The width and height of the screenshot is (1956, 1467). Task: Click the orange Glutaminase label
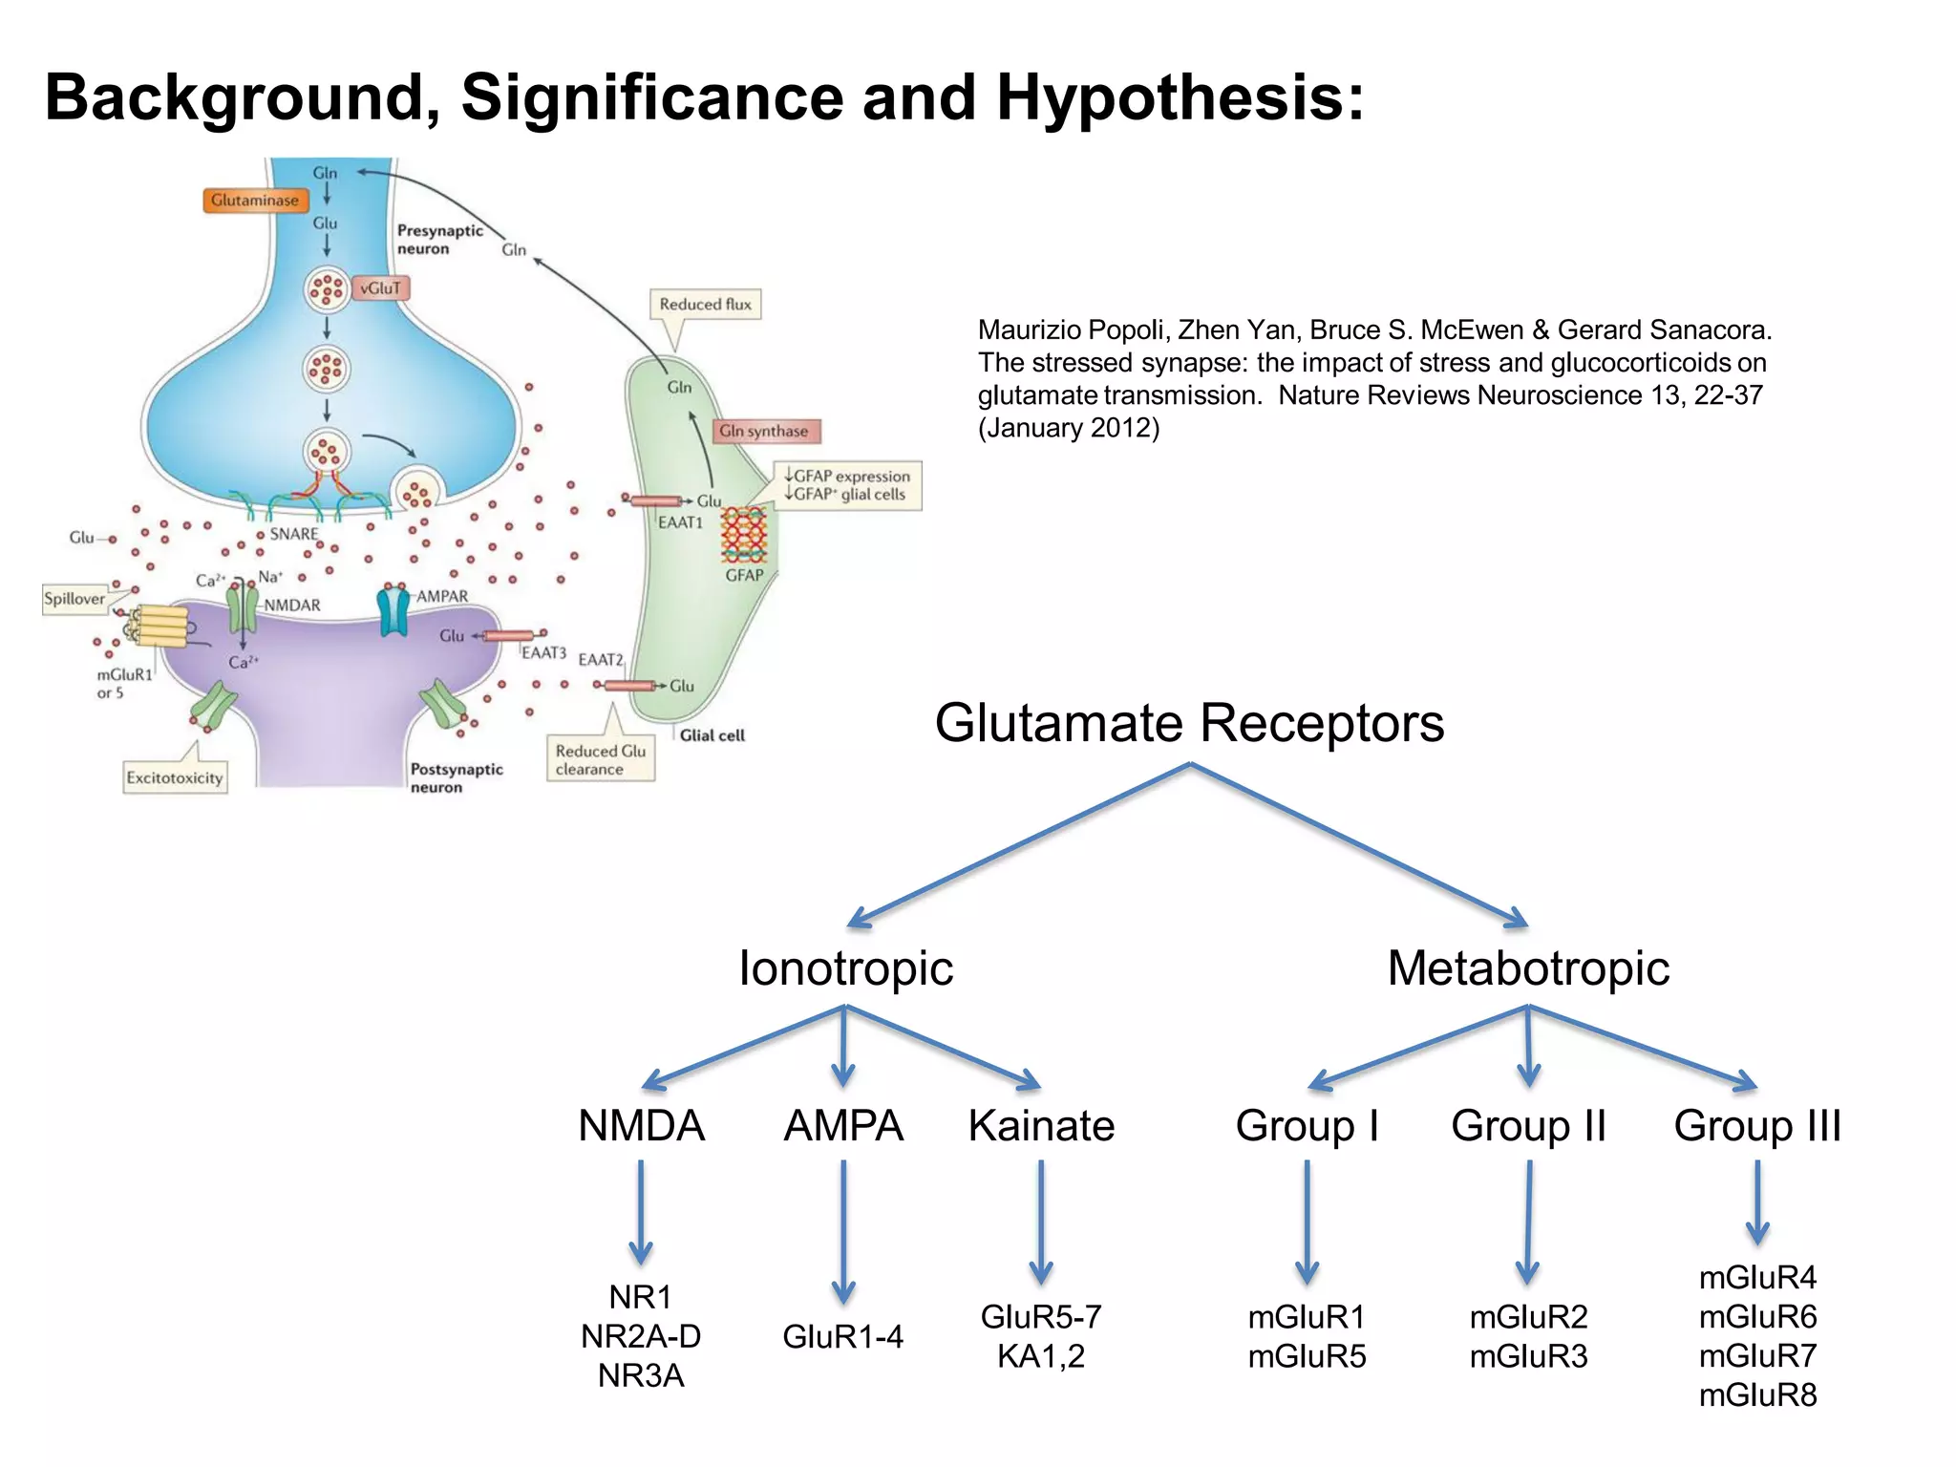click(x=255, y=201)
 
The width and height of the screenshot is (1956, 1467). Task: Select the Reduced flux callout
click(x=705, y=305)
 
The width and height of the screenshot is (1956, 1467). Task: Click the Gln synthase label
click(x=764, y=431)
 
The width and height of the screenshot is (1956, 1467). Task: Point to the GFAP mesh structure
click(x=743, y=535)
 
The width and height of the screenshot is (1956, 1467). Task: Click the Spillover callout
click(x=74, y=599)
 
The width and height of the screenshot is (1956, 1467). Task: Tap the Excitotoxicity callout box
click(x=175, y=777)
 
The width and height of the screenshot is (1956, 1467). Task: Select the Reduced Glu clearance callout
click(x=601, y=760)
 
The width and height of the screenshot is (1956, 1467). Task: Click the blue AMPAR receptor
click(x=393, y=612)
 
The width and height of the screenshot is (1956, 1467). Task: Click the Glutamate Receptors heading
click(x=1189, y=723)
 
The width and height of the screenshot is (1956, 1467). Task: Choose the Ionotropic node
click(x=845, y=968)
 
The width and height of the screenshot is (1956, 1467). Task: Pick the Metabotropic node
click(x=1528, y=968)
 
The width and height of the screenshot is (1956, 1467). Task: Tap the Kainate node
click(x=1041, y=1126)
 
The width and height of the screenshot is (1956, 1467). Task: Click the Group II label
click(x=1528, y=1126)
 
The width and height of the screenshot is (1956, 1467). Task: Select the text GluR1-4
click(x=842, y=1336)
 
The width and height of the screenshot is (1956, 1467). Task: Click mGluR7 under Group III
click(x=1757, y=1355)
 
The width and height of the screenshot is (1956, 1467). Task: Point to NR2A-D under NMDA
click(x=641, y=1336)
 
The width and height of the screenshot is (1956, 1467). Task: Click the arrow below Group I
click(x=1307, y=1222)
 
